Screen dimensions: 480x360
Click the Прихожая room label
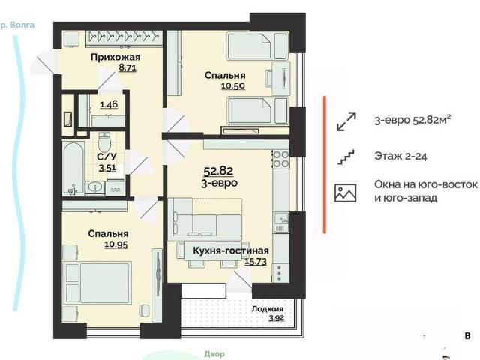point(115,57)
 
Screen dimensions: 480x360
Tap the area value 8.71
point(127,67)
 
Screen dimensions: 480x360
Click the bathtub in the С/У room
point(73,168)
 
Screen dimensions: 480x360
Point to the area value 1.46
point(109,104)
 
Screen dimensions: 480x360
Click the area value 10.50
point(233,85)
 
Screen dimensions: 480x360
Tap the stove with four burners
point(281,159)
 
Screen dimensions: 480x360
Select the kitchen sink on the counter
point(281,219)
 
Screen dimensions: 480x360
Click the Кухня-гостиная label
point(231,250)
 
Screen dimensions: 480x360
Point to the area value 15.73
point(256,261)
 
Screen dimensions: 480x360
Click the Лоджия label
point(268,308)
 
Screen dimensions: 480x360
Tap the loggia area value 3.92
point(277,318)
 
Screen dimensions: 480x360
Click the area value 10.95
point(116,244)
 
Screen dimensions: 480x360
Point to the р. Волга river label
point(17,25)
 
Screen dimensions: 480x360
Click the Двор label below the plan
point(214,354)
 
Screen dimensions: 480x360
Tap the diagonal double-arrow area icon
point(346,121)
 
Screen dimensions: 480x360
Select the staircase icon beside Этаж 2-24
point(346,157)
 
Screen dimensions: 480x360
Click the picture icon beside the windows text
point(345,193)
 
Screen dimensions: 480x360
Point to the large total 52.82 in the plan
point(218,171)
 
